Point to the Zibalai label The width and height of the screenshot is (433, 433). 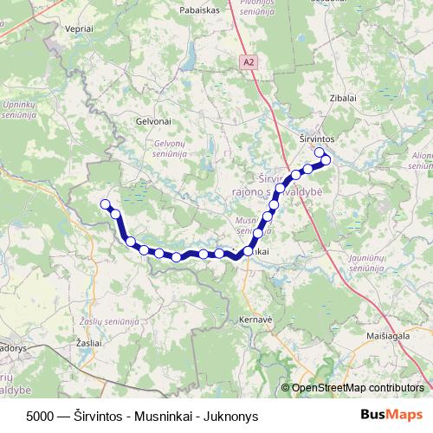(343, 98)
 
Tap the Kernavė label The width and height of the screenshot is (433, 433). (257, 320)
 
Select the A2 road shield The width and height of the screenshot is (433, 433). (249, 62)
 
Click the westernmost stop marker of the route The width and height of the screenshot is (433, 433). (106, 204)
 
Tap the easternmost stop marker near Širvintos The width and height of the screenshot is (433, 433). (326, 159)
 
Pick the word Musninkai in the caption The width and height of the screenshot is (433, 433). (169, 415)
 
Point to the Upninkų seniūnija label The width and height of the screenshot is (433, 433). (18, 109)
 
